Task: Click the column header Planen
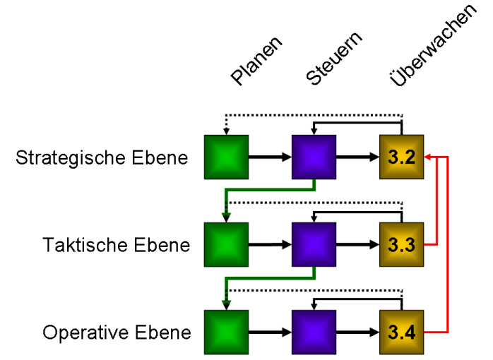[256, 61]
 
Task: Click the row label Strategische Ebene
[102, 157]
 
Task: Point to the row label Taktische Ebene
[116, 246]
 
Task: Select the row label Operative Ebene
[117, 332]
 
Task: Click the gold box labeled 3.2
[401, 157]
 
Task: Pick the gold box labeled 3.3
[401, 245]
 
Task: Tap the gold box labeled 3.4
[401, 332]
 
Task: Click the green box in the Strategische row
[226, 157]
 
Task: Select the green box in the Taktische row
[226, 245]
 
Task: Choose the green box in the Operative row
[226, 332]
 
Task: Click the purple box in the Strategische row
[314, 157]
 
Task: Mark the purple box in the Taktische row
[314, 245]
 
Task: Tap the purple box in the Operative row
[314, 332]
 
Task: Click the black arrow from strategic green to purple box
[270, 157]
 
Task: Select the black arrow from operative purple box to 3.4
[357, 332]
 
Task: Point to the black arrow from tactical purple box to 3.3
[357, 245]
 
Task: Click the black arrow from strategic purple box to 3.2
[357, 157]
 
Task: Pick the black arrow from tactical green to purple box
[270, 245]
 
